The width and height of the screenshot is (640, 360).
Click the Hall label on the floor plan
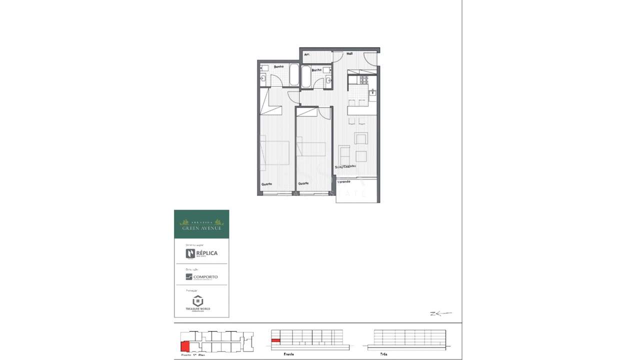click(x=349, y=53)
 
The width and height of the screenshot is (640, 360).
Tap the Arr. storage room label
click(x=306, y=54)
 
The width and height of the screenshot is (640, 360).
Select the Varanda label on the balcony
click(x=343, y=181)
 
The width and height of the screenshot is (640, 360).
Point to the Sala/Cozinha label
click(x=345, y=166)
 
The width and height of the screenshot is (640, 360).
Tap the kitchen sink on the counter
click(x=372, y=92)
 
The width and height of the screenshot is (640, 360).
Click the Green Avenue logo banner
click(x=201, y=224)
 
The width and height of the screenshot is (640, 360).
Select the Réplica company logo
click(x=201, y=253)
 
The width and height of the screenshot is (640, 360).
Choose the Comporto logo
click(x=201, y=276)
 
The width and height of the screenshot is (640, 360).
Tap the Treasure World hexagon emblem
click(x=198, y=300)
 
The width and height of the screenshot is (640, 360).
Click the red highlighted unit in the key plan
click(x=185, y=346)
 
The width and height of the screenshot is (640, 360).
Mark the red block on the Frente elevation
click(x=275, y=340)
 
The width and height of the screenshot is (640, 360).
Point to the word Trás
click(x=383, y=354)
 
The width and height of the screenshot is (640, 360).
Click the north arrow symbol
click(x=440, y=313)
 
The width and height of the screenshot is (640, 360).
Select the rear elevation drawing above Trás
click(x=409, y=339)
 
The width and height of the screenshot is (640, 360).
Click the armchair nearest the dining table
click(x=360, y=138)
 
